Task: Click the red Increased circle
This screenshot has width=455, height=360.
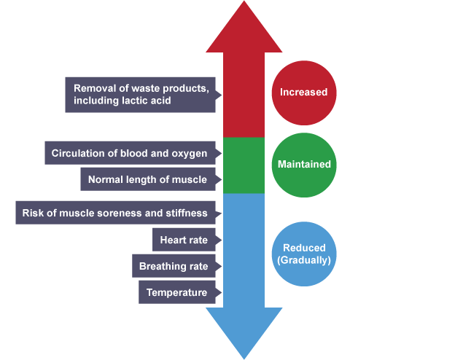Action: tap(304, 93)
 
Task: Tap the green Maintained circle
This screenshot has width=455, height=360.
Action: tap(304, 165)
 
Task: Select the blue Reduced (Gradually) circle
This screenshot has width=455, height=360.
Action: tap(304, 254)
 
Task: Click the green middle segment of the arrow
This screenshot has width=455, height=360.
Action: tap(244, 165)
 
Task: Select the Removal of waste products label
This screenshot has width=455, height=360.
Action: tap(141, 95)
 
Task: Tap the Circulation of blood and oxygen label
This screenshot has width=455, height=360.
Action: tap(130, 154)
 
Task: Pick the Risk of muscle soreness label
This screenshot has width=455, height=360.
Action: tap(115, 214)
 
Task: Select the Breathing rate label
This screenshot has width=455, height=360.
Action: tap(174, 266)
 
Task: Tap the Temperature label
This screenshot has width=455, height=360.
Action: tap(176, 293)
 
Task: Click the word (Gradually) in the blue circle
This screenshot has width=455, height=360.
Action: tap(304, 260)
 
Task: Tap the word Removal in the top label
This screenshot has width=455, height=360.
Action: tap(93, 89)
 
